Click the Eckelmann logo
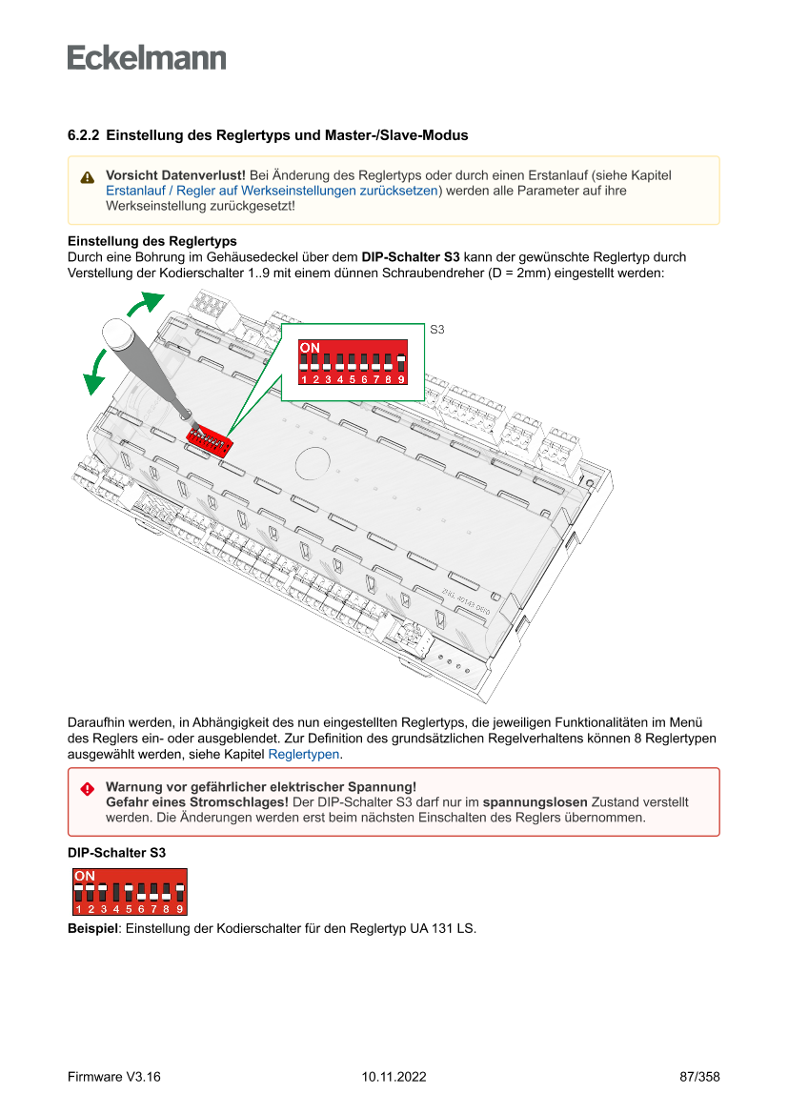click(x=147, y=58)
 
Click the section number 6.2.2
click(x=84, y=135)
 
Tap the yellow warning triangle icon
click(x=88, y=177)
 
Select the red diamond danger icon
click(x=88, y=789)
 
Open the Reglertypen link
click(x=304, y=754)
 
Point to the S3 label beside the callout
click(x=437, y=330)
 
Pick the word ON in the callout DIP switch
click(x=311, y=347)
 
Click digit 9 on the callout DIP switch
click(x=401, y=379)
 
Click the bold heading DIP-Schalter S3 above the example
click(x=116, y=853)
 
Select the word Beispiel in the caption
click(x=91, y=927)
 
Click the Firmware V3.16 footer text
click(x=113, y=1077)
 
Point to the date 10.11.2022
click(x=394, y=1077)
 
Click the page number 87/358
click(x=699, y=1077)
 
